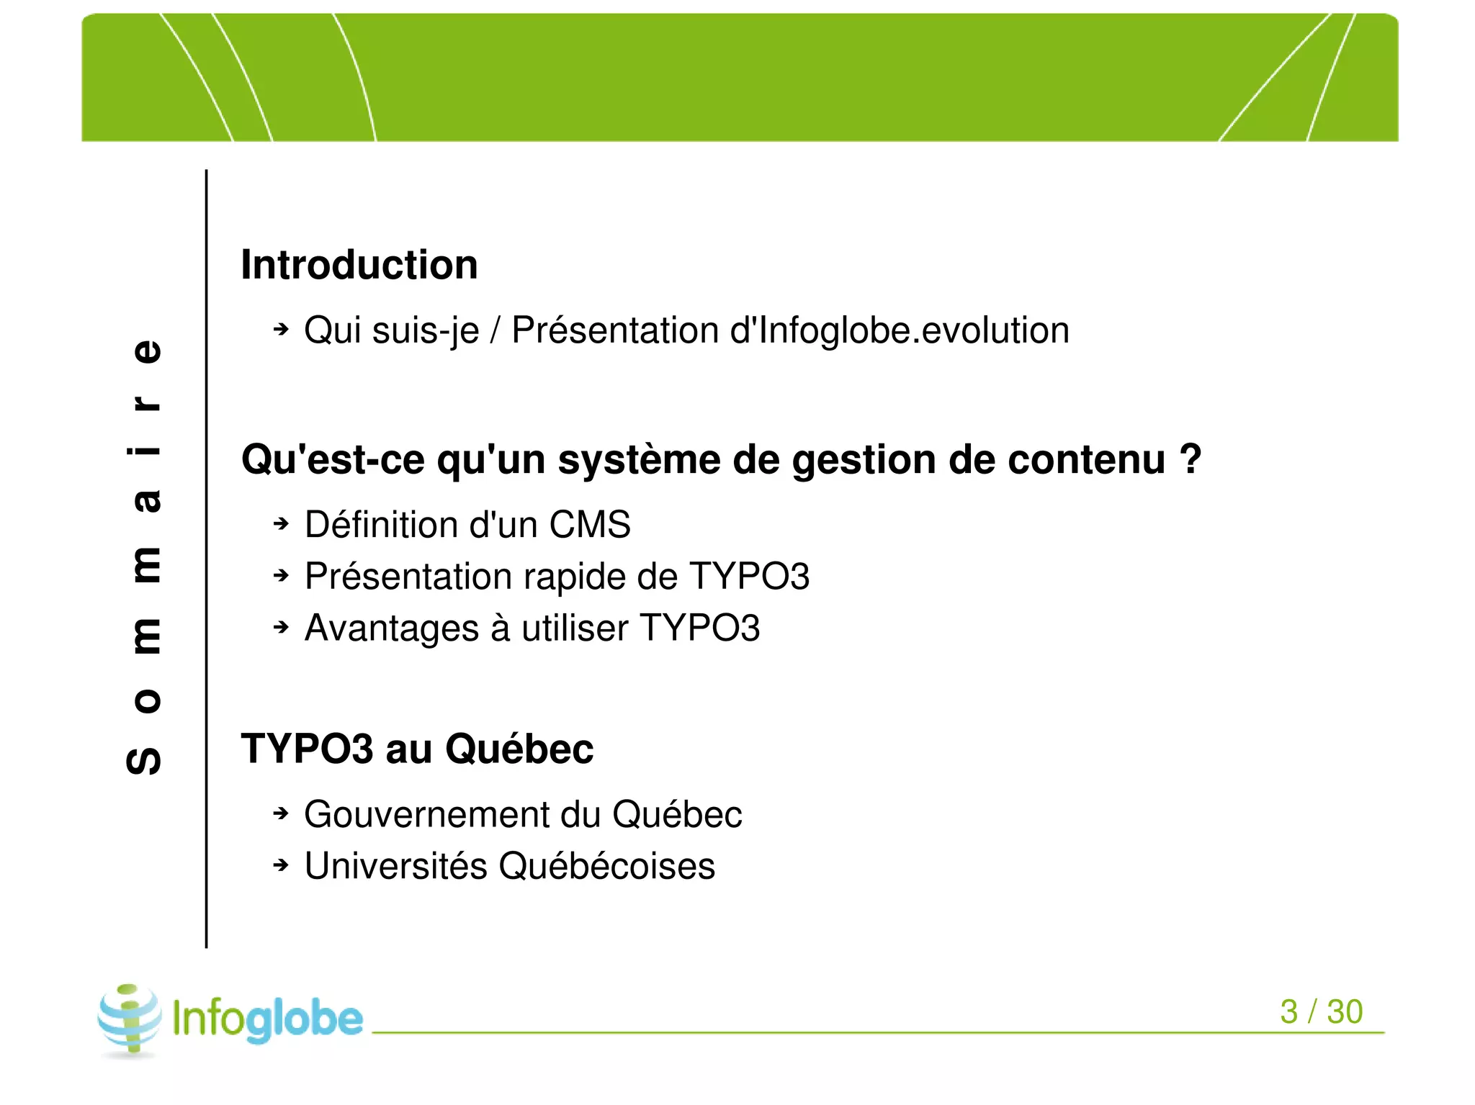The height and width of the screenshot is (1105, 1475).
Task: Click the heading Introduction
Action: [359, 265]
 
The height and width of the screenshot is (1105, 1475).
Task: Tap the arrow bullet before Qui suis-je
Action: [281, 330]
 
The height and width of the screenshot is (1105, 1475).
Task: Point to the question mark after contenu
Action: [1191, 459]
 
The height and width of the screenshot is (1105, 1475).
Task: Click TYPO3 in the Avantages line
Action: [699, 628]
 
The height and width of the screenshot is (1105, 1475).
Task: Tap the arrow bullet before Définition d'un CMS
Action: [281, 524]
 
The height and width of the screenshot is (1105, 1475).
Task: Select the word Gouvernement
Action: [425, 814]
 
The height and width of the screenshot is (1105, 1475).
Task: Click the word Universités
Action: [395, 866]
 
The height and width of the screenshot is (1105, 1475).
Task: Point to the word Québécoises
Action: [606, 866]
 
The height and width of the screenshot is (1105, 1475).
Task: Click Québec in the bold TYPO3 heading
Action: [519, 749]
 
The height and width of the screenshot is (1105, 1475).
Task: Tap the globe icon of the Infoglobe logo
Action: [130, 1019]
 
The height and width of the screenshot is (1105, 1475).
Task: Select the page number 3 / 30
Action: [1321, 1011]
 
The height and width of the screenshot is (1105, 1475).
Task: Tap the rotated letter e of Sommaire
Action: [147, 351]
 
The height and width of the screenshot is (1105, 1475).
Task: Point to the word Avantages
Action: [391, 628]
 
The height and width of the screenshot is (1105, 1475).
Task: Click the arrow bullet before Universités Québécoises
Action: [281, 865]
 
